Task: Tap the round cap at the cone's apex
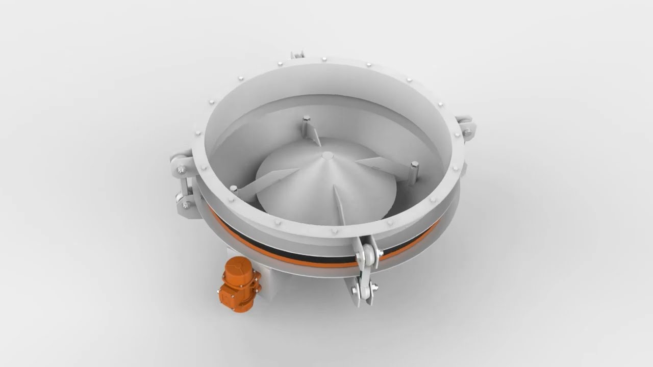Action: point(328,155)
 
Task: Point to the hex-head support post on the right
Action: point(414,170)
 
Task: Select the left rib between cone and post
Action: point(265,181)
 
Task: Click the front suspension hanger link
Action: point(365,270)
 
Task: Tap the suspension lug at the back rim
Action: point(297,54)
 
